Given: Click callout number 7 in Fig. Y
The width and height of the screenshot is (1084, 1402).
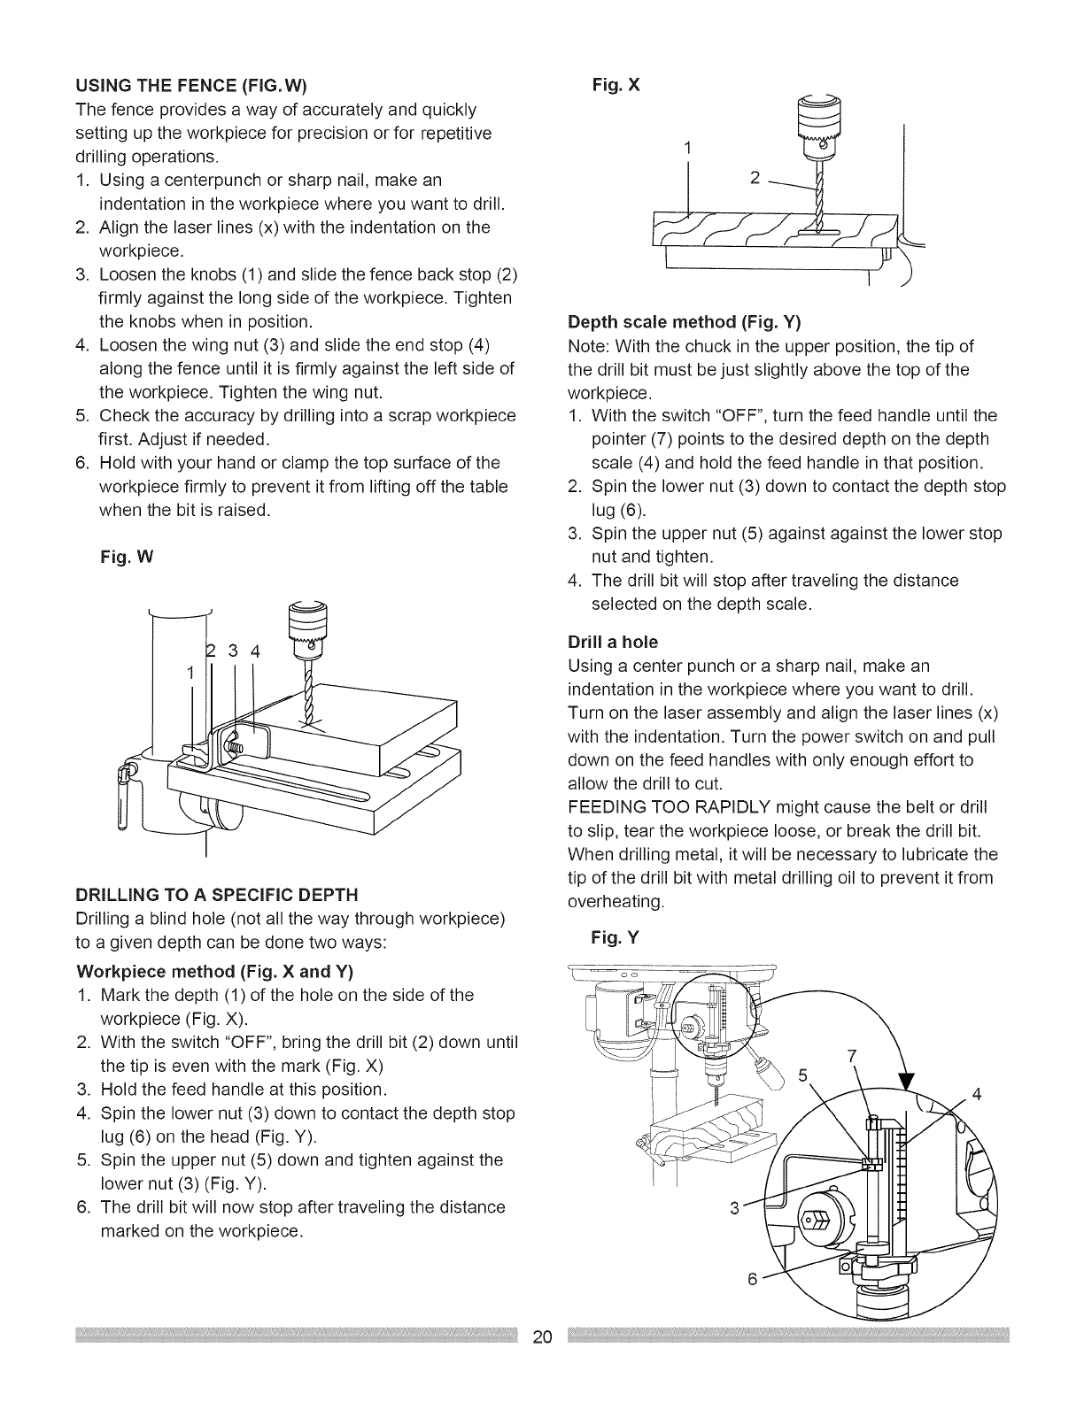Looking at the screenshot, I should pyautogui.click(x=852, y=1055).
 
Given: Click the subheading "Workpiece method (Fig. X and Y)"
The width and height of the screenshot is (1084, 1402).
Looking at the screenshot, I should pyautogui.click(x=215, y=971).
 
